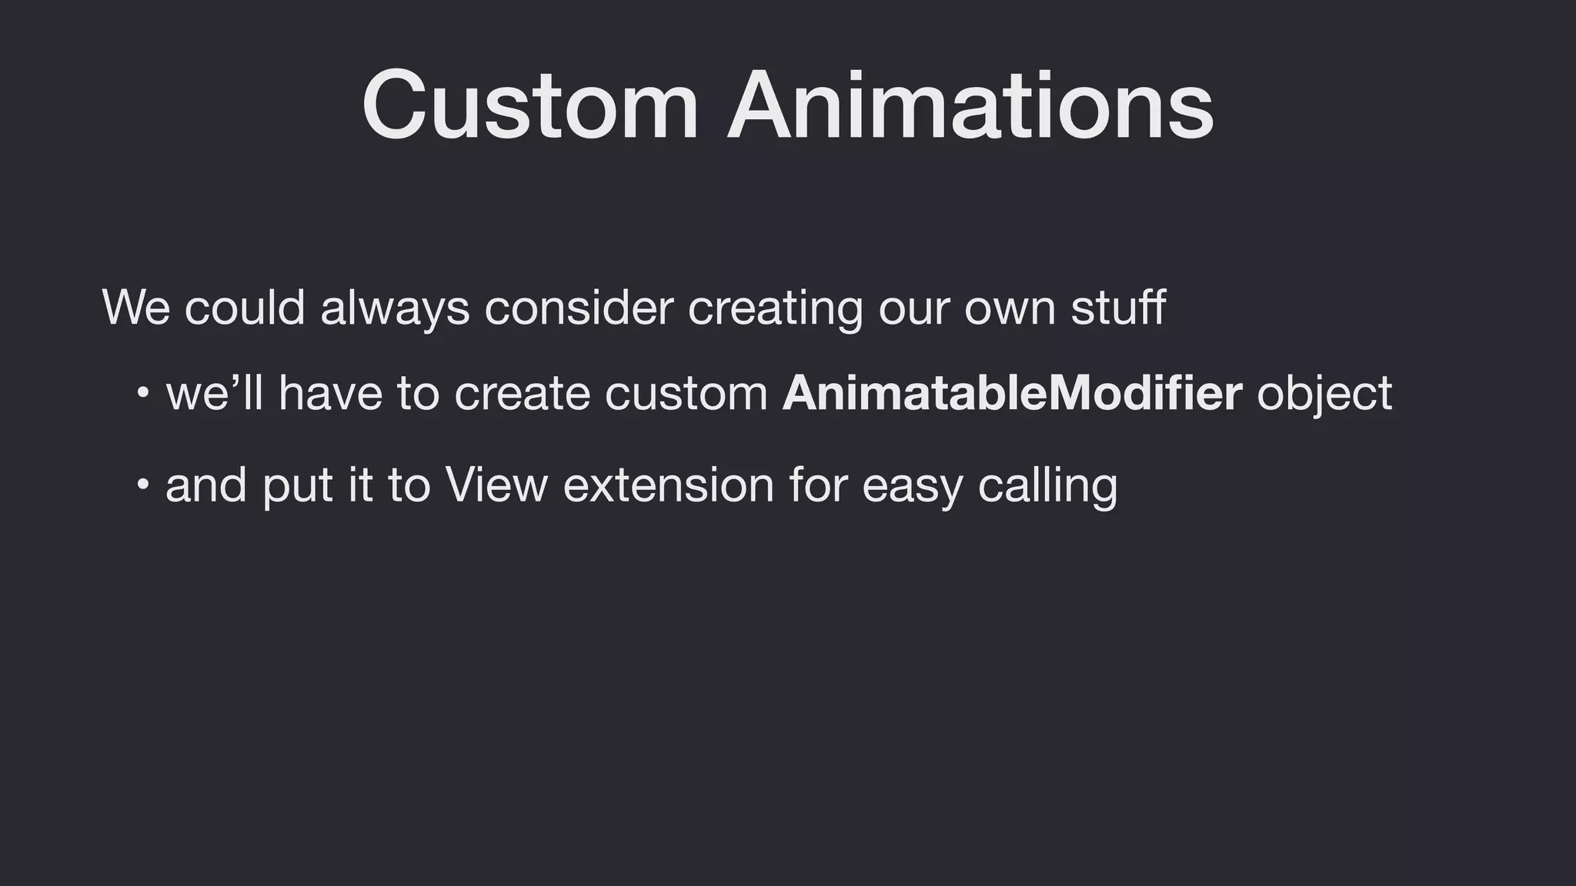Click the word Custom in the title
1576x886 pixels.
click(529, 105)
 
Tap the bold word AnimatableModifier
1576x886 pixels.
click(1012, 393)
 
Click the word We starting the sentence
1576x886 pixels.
click(135, 307)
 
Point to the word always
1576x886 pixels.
click(395, 308)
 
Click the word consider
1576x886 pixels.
click(579, 307)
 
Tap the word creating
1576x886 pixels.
click(775, 308)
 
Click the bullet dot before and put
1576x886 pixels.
click(142, 485)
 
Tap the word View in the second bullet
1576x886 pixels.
click(496, 485)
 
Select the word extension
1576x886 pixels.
click(668, 485)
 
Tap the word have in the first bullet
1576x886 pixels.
click(330, 393)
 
